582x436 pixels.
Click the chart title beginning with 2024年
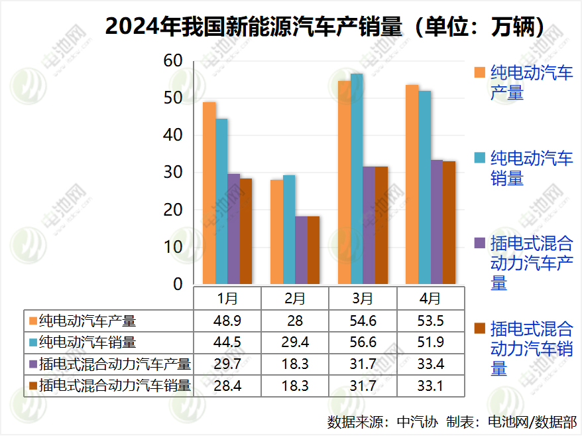coord(325,27)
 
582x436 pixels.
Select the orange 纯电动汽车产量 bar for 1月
coord(209,193)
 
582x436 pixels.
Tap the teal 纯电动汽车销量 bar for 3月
coord(357,179)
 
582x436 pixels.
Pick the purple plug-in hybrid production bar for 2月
coord(301,250)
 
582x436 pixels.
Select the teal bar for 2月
coord(289,230)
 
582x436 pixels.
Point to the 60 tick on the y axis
coord(173,61)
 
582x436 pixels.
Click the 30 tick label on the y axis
coord(173,173)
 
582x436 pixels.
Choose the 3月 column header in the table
coord(363,298)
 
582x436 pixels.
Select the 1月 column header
coord(227,298)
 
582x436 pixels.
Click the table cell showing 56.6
coord(363,342)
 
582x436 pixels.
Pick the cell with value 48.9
coord(227,321)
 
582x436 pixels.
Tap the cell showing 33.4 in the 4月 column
coord(430,364)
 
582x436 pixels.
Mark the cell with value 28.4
coord(227,385)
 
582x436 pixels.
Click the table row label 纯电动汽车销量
coord(87,342)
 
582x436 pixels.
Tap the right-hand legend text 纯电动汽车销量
coord(531,168)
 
